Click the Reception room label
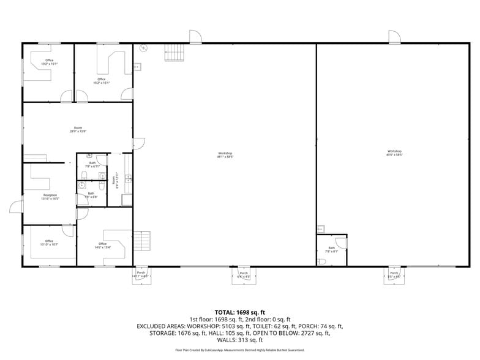coord(50,197)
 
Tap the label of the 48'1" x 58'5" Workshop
coord(225,155)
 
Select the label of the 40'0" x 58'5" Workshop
coord(394,153)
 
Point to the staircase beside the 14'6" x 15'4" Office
coord(142,239)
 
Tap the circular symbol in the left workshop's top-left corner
coord(144,48)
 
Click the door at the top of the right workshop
coord(394,37)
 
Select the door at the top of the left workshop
coord(195,37)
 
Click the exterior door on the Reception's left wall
coord(17,206)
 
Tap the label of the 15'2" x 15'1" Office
coord(102,81)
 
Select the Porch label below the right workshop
coord(394,275)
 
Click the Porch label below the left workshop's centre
coord(244,275)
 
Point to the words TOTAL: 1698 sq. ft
coord(239,313)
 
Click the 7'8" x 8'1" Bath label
coord(331,250)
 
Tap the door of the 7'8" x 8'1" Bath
coord(341,243)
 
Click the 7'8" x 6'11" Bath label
coord(92,165)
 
